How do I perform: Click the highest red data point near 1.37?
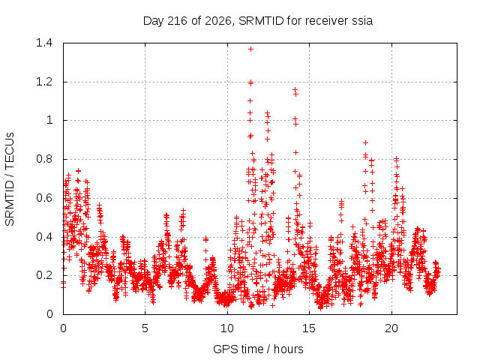coord(250,49)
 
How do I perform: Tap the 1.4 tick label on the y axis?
coord(44,43)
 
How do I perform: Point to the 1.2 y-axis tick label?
coord(44,82)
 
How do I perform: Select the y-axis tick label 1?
coord(49,120)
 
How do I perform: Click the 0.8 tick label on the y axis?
coord(44,159)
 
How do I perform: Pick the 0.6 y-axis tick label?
coord(44,198)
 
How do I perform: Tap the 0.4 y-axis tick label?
coord(44,237)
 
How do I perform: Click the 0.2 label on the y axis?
coord(44,275)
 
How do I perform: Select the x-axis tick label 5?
coord(145,328)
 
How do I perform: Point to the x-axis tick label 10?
coord(227,328)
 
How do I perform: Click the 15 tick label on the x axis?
coord(309,328)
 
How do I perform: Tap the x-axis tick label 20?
coord(391,328)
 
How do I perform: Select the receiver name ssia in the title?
coord(362,21)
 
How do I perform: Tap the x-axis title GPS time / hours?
coord(258,349)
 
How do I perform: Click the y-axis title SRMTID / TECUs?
coord(10,179)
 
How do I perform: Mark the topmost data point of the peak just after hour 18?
coord(365,143)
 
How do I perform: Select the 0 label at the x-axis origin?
coord(63,328)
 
